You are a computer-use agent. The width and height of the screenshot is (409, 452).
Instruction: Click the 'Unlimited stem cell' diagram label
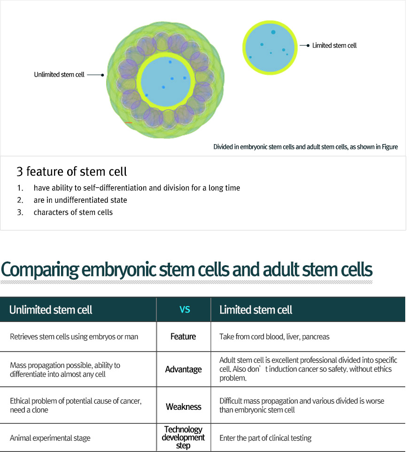click(x=59, y=75)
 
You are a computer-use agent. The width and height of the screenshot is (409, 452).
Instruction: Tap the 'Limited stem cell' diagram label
click(x=334, y=46)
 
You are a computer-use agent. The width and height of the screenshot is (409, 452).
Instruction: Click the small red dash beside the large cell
click(x=129, y=123)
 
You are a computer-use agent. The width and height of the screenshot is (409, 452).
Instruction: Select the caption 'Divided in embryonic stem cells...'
click(x=305, y=147)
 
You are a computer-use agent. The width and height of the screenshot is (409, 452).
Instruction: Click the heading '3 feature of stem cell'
click(x=71, y=171)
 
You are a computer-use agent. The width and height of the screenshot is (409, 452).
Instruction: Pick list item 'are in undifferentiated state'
click(x=80, y=200)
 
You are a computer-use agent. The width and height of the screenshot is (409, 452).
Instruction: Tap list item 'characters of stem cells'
click(x=73, y=212)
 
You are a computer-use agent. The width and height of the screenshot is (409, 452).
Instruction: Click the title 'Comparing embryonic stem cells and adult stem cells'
click(x=187, y=270)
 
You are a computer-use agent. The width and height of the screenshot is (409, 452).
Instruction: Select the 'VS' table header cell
click(x=185, y=310)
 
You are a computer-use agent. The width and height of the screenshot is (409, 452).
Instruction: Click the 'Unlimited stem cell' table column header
click(x=51, y=310)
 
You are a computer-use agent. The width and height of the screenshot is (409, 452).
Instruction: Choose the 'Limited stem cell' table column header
click(x=256, y=310)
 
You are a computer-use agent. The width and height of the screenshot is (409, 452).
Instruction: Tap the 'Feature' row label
click(x=183, y=337)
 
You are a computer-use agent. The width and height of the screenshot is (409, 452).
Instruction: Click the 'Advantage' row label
click(x=183, y=369)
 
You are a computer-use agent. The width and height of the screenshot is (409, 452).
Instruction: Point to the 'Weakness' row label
click(x=183, y=406)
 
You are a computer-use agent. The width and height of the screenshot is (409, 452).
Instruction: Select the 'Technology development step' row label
click(x=183, y=437)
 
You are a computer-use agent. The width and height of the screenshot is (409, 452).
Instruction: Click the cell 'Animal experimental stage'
click(x=50, y=438)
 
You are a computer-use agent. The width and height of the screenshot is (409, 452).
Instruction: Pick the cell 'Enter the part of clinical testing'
click(x=265, y=438)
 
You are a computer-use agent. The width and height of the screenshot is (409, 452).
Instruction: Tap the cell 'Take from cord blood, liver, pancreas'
click(x=274, y=337)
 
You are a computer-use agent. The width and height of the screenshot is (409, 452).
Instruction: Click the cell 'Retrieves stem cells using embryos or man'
click(x=74, y=337)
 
